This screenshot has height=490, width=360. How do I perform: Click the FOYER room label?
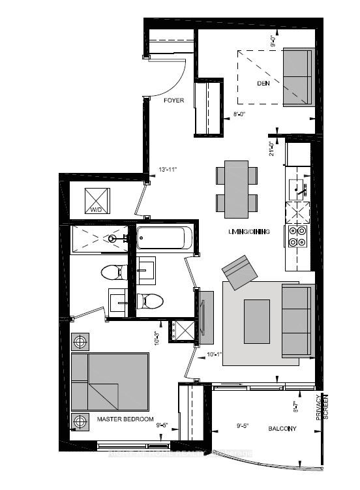click(173, 100)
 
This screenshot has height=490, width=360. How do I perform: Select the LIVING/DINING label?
click(245, 232)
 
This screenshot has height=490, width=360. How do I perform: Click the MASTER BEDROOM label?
click(125, 418)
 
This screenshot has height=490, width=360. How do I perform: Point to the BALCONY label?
click(282, 429)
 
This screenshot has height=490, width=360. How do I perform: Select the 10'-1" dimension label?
click(214, 356)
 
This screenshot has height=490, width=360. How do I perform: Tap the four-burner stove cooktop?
click(297, 237)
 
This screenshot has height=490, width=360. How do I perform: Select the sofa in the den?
click(296, 76)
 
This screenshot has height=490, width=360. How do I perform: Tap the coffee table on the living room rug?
click(257, 315)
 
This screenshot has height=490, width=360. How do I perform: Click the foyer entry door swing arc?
click(178, 78)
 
